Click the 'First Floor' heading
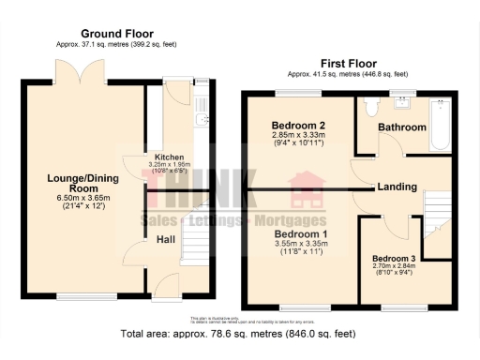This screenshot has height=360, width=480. pos(348,62)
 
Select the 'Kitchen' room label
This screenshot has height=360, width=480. pos(169,157)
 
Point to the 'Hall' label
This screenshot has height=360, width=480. pos(166,240)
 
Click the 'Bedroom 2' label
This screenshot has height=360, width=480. pos(298,126)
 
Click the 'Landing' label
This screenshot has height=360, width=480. pos(397,187)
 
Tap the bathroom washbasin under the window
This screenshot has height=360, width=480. pos(404,100)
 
